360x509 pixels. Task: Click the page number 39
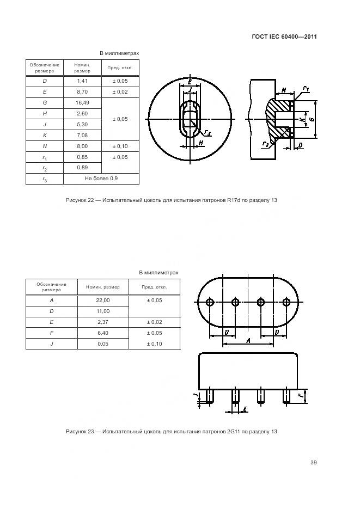314,463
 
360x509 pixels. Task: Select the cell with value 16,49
82,102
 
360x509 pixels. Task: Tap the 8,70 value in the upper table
82,91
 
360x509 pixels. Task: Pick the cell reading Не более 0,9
101,179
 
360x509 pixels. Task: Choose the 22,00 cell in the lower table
103,300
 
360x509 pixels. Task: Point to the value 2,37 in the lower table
103,322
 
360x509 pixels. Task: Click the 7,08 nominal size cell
82,135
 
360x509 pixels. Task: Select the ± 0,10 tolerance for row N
120,146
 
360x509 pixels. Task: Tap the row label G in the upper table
44,102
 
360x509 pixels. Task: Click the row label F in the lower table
52,333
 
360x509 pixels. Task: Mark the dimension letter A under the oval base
248,341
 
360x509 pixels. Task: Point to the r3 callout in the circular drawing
208,132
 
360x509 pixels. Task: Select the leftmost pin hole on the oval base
210,302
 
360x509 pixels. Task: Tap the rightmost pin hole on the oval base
286,302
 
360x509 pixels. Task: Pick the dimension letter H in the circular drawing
202,143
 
